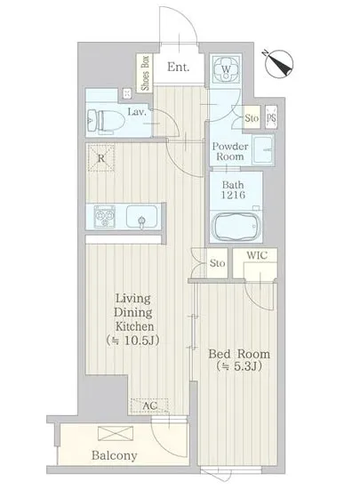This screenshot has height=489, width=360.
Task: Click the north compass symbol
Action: [x=278, y=64]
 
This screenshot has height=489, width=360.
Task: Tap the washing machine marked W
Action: [x=227, y=69]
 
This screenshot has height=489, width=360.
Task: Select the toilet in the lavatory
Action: [x=104, y=120]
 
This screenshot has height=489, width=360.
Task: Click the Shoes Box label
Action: [x=145, y=73]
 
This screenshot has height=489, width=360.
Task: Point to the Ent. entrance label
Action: [x=178, y=67]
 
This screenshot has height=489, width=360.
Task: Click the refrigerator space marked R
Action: [x=100, y=158]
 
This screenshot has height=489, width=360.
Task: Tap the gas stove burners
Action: [x=104, y=215]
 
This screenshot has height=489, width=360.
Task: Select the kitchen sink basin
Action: [x=141, y=216]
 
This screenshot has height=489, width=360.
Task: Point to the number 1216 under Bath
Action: [x=233, y=196]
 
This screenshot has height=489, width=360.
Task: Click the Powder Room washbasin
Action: [x=263, y=149]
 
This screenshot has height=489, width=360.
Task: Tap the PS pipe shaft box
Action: [x=271, y=117]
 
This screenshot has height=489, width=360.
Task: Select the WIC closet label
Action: [x=257, y=255]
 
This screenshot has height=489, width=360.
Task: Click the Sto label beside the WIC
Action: [x=217, y=263]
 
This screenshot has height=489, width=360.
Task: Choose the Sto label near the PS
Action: [x=252, y=118]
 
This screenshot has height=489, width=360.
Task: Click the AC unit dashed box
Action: [x=149, y=405]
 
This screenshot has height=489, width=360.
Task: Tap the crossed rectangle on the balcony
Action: [x=116, y=434]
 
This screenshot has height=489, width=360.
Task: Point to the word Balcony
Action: [x=115, y=455]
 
